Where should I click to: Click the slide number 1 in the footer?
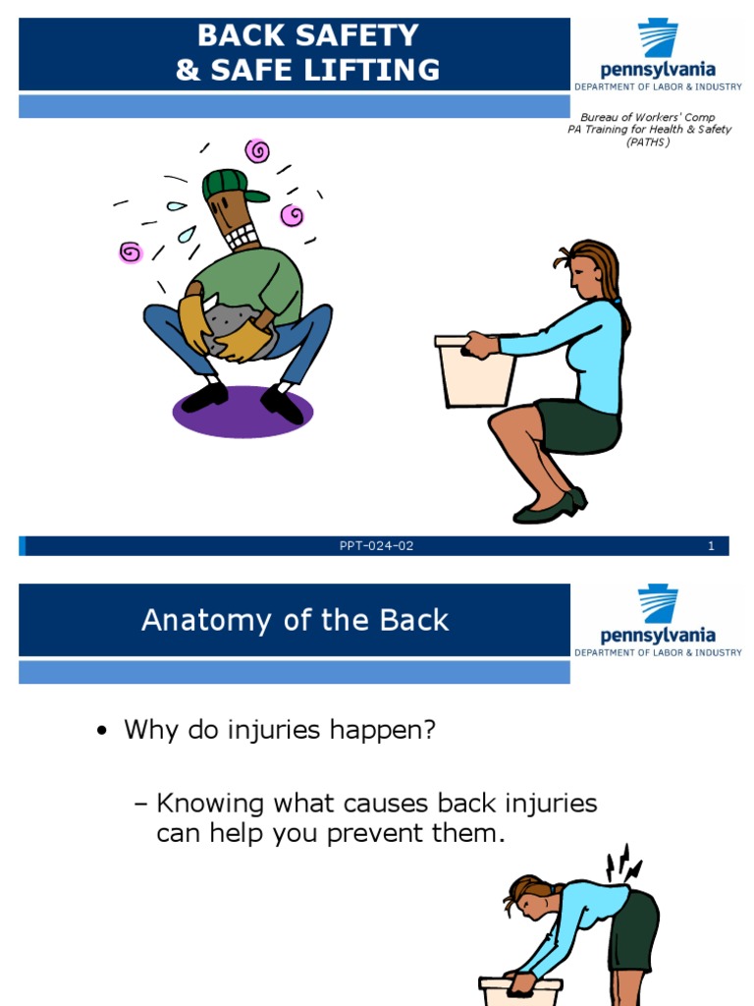point(711,546)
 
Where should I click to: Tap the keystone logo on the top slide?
point(658,39)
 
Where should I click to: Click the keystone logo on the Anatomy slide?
point(658,604)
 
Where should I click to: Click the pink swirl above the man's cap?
point(257,150)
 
